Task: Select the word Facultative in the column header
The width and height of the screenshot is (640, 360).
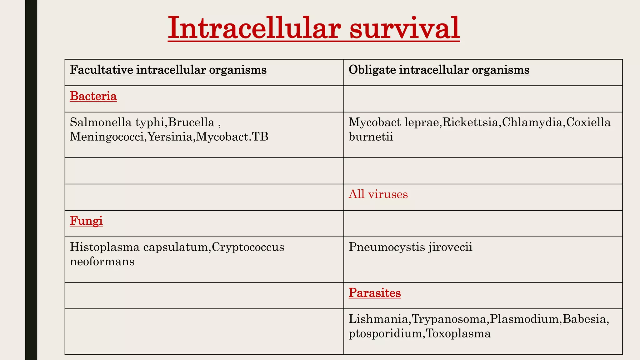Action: [102, 70]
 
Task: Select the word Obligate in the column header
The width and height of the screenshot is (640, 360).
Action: [372, 70]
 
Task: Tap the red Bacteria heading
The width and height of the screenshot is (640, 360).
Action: [93, 96]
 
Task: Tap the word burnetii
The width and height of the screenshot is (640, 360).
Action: [371, 137]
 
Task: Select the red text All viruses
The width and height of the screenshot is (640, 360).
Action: [378, 194]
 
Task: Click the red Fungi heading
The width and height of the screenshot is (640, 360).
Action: [86, 221]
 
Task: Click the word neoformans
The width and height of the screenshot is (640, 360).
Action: [102, 262]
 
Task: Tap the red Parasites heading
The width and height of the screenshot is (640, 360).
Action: [375, 293]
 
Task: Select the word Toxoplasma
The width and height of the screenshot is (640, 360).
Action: [458, 333]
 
